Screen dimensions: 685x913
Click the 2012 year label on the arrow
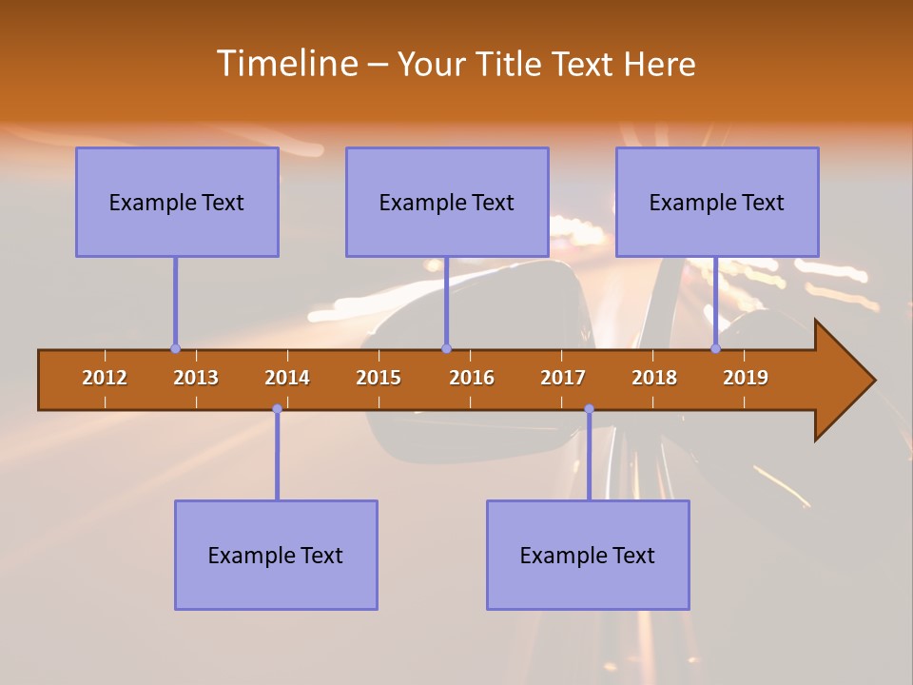coord(105,378)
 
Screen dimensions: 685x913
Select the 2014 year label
coord(287,378)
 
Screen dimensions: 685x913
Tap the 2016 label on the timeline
coord(472,378)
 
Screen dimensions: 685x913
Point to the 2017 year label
coord(563,378)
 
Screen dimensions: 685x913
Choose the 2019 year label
coord(746,378)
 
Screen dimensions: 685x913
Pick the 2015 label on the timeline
coord(379,378)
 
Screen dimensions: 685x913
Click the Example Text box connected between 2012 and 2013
coord(177,202)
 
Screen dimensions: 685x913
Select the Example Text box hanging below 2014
coord(276,555)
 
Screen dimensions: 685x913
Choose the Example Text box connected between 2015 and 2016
coord(447,202)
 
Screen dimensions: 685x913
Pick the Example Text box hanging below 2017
coord(588,555)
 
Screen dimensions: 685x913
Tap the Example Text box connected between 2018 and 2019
coord(717,202)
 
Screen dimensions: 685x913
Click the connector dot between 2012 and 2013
coord(175,348)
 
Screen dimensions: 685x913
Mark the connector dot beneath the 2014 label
coord(277,409)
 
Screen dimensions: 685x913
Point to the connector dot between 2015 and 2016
coord(446,348)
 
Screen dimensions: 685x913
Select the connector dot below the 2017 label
coord(589,409)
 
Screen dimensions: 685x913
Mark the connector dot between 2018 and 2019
coord(716,348)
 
